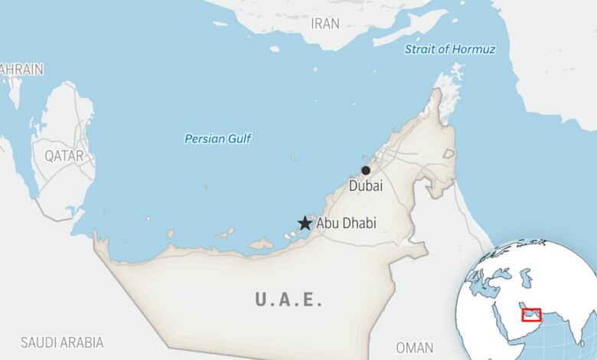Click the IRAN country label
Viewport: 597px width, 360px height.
pyautogui.click(x=325, y=24)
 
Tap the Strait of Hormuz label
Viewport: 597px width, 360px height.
pyautogui.click(x=450, y=50)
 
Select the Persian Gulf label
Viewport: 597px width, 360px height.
pyautogui.click(x=218, y=139)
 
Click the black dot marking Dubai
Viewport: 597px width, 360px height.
pyautogui.click(x=366, y=170)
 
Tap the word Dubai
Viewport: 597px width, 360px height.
pyautogui.click(x=366, y=185)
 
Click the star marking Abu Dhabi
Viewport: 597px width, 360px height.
pyautogui.click(x=305, y=223)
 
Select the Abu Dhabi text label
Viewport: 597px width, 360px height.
pyautogui.click(x=346, y=223)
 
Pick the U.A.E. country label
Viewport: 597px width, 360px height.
pyautogui.click(x=289, y=299)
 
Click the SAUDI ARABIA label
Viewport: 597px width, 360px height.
pyautogui.click(x=62, y=342)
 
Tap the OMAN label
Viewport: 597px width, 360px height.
pyautogui.click(x=415, y=347)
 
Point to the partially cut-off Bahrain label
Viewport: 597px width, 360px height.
pyautogui.click(x=21, y=69)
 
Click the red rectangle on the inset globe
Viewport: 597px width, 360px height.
pyautogui.click(x=531, y=315)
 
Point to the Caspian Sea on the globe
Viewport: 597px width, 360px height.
pyautogui.click(x=526, y=277)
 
